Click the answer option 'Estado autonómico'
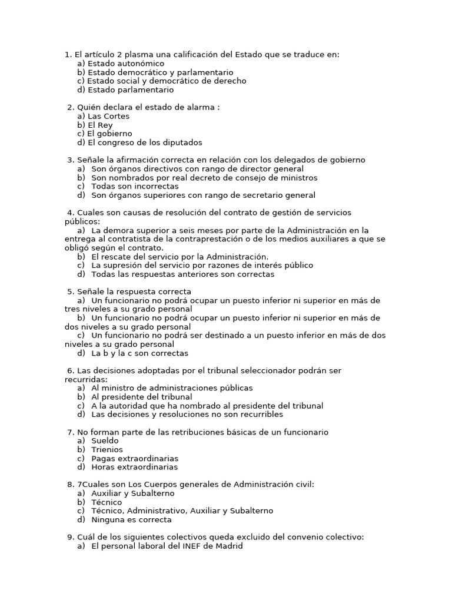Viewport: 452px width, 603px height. pyautogui.click(x=125, y=64)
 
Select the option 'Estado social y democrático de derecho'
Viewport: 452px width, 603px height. pyautogui.click(x=167, y=81)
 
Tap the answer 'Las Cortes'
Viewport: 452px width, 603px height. pyautogui.click(x=108, y=117)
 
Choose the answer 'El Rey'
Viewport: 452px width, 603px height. pyautogui.click(x=100, y=125)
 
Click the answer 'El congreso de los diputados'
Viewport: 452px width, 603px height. pyautogui.click(x=144, y=143)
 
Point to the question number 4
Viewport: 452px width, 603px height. pyautogui.click(x=70, y=213)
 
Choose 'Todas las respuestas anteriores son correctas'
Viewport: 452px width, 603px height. pyautogui.click(x=182, y=274)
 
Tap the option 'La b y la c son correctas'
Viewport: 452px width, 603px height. pyautogui.click(x=139, y=353)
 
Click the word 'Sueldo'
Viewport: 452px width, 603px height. pyautogui.click(x=105, y=440)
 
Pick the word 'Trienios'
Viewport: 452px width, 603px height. pyautogui.click(x=107, y=449)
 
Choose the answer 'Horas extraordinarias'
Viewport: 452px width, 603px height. pyautogui.click(x=134, y=467)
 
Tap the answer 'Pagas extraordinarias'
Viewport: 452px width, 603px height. pyautogui.click(x=135, y=458)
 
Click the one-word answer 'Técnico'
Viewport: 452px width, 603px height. pyautogui.click(x=107, y=502)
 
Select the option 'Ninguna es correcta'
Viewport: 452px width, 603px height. pyautogui.click(x=131, y=520)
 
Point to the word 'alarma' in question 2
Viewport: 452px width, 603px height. pyautogui.click(x=200, y=108)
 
